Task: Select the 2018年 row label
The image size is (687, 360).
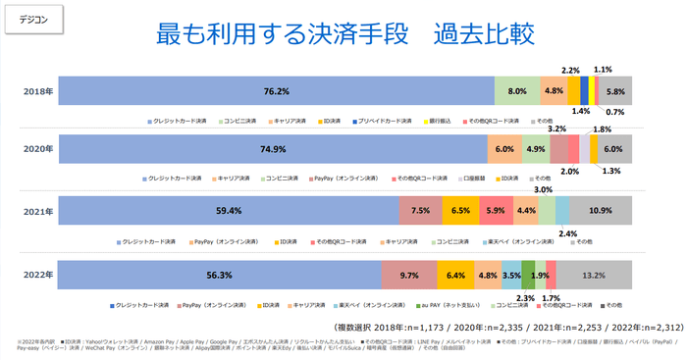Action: pyautogui.click(x=38, y=91)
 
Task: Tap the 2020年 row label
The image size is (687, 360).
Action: pyautogui.click(x=38, y=150)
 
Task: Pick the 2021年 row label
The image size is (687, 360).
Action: pyautogui.click(x=38, y=211)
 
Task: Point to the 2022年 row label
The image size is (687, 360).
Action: pyautogui.click(x=38, y=276)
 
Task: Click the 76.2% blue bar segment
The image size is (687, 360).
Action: pyautogui.click(x=277, y=91)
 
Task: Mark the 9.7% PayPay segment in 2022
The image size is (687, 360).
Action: pyautogui.click(x=409, y=276)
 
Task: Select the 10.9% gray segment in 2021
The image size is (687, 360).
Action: pyautogui.click(x=601, y=211)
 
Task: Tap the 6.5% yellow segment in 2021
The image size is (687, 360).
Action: pyautogui.click(x=460, y=211)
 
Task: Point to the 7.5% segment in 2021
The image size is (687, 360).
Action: pyautogui.click(x=421, y=211)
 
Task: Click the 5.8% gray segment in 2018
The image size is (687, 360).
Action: pyautogui.click(x=615, y=91)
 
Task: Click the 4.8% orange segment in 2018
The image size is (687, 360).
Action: pyautogui.click(x=554, y=91)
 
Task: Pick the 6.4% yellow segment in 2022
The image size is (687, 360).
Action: pyautogui.click(x=455, y=276)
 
